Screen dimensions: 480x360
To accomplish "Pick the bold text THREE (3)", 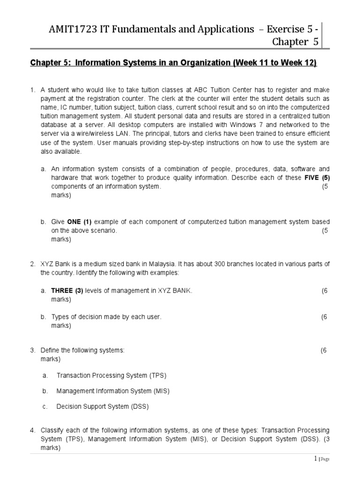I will click(67, 291).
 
